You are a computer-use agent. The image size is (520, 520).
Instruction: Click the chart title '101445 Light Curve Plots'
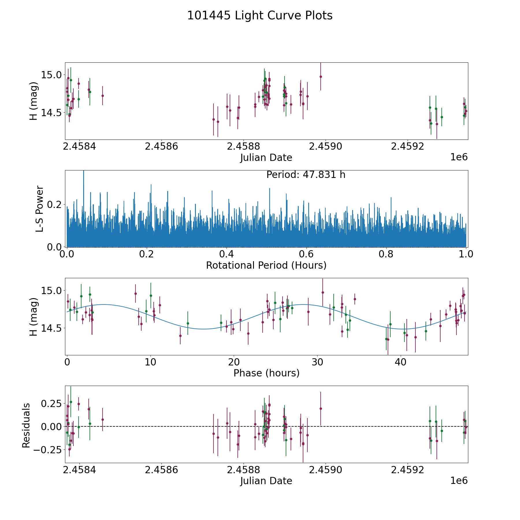click(260, 16)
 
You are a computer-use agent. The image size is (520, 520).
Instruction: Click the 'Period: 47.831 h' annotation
click(306, 175)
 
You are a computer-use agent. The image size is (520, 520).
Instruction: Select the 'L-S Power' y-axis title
click(40, 209)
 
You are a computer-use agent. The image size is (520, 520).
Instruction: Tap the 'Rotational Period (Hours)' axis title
click(266, 265)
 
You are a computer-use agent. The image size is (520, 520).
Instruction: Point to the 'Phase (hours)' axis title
click(266, 373)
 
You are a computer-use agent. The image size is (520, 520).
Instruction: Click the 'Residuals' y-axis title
click(26, 426)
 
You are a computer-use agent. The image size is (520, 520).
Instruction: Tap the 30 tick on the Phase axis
click(317, 362)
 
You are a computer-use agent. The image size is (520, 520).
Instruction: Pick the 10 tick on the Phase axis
click(150, 362)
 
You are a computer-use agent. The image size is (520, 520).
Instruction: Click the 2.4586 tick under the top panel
click(161, 146)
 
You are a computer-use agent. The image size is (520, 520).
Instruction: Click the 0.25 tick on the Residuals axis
click(52, 403)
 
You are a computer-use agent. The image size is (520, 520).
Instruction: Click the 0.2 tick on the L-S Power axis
click(55, 205)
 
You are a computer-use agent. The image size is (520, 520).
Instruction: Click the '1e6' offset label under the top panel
click(459, 157)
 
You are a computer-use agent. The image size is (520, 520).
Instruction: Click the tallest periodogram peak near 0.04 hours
click(83, 171)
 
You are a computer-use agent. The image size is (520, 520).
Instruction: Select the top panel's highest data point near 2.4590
click(321, 77)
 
